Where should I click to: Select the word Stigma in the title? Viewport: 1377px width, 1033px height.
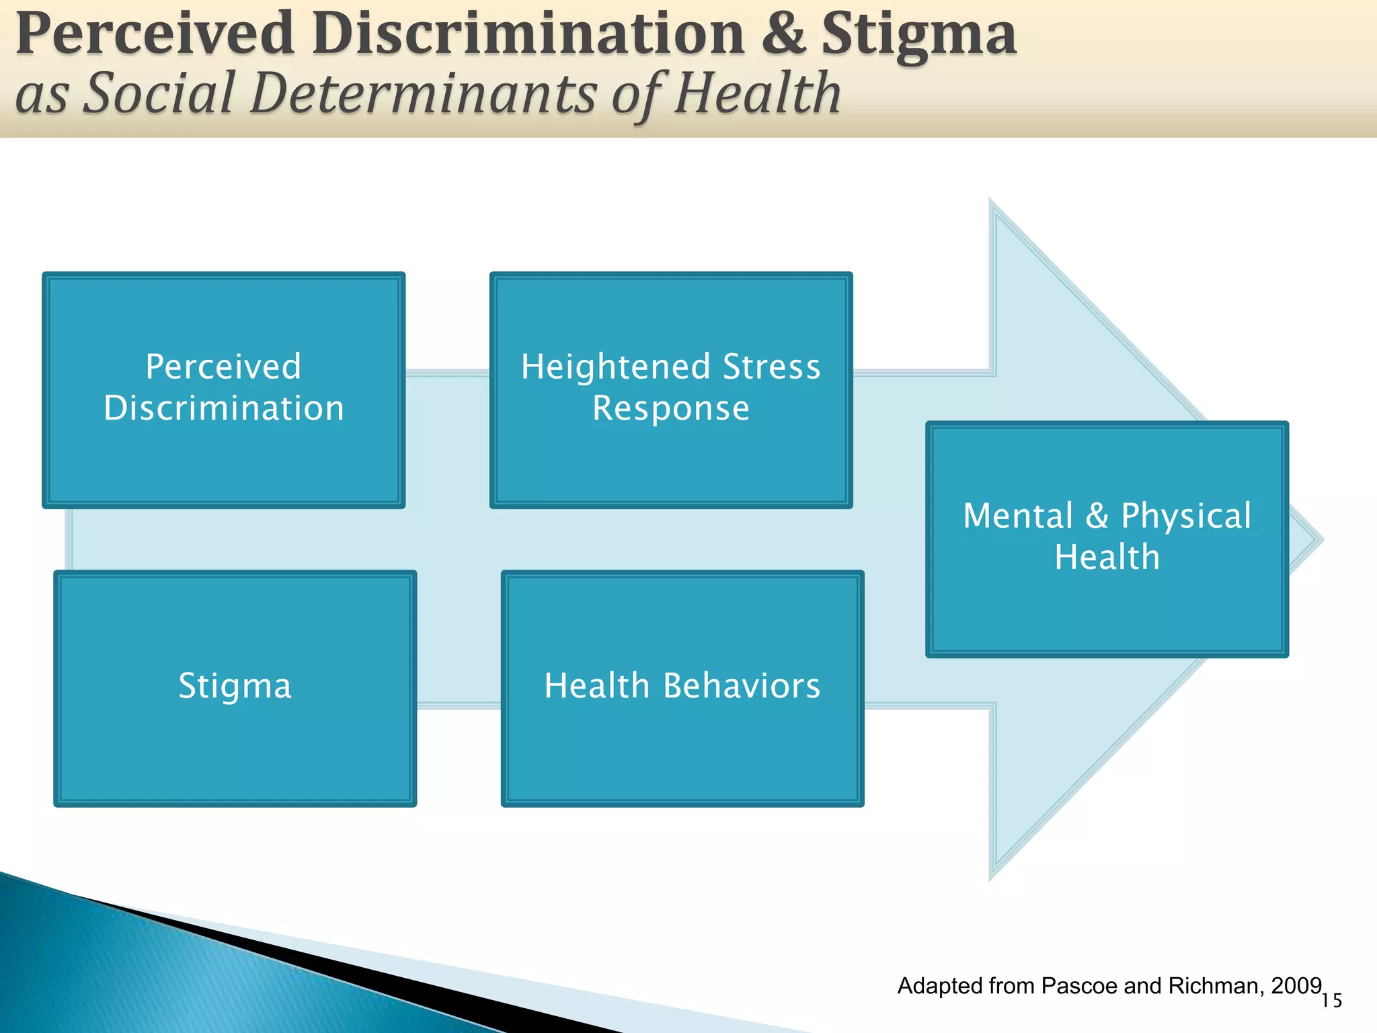[918, 35]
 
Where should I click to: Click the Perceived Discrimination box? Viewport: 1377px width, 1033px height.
[224, 389]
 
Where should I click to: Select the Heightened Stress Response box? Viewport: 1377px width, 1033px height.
[671, 389]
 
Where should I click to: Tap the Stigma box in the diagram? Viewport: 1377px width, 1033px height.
[235, 687]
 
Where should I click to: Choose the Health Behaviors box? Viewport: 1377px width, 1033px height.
[682, 687]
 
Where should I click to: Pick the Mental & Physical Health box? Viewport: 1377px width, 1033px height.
[1107, 538]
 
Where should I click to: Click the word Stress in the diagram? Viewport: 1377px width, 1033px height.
[771, 367]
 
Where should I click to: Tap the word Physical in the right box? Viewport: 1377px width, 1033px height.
[1185, 516]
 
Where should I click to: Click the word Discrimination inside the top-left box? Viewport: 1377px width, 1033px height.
[224, 408]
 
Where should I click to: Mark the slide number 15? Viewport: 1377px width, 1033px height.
[1331, 1001]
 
